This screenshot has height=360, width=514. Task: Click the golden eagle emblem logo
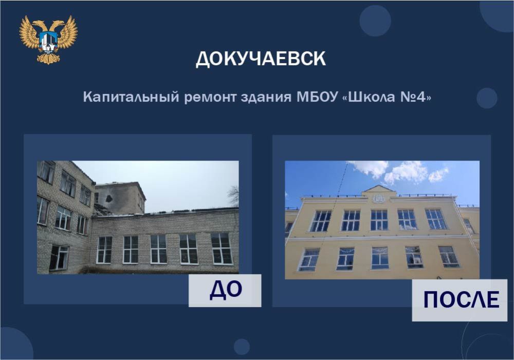(x=48, y=40)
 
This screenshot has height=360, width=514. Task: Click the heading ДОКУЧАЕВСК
(x=261, y=59)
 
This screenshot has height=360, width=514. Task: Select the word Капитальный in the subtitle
(x=131, y=97)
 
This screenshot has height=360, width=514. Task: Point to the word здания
(x=266, y=98)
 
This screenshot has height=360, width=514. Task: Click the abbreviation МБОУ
(x=317, y=97)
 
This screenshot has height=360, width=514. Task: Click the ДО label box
(x=225, y=291)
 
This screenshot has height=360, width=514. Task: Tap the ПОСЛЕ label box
(x=460, y=300)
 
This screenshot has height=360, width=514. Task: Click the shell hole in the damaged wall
(x=109, y=197)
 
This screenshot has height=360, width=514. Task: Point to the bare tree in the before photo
(x=233, y=195)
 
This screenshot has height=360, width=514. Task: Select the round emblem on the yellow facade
(x=379, y=199)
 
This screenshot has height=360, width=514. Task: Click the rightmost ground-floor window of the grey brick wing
(x=222, y=248)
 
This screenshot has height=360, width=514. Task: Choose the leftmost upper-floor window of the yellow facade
(x=320, y=221)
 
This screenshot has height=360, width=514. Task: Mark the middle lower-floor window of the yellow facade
(x=380, y=258)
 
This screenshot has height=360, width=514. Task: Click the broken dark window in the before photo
(x=59, y=258)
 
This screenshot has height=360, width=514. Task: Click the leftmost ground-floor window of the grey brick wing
(x=104, y=250)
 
